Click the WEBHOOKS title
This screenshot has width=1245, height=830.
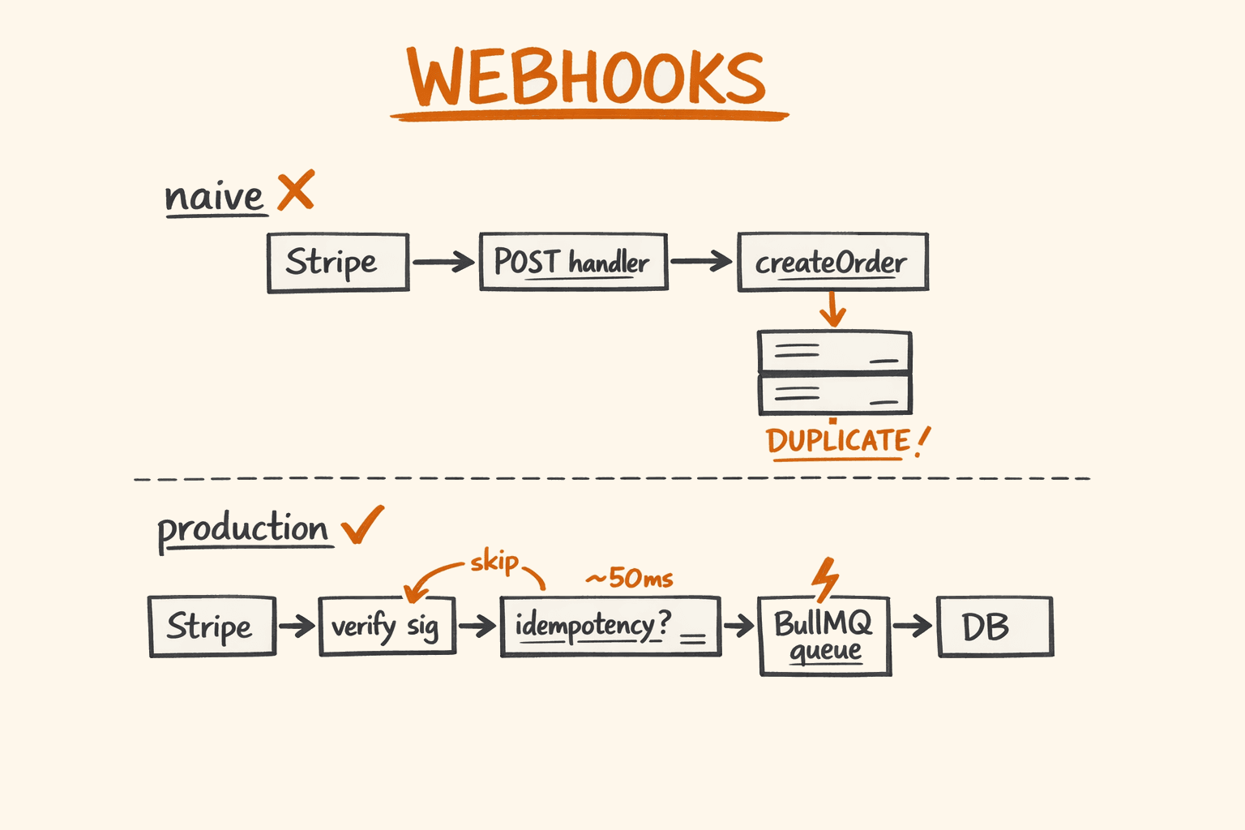tap(587, 78)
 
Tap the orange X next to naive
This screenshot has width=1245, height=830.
tap(296, 191)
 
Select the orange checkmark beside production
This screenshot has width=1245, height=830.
tap(362, 525)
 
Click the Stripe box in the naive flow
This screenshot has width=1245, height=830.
tap(338, 263)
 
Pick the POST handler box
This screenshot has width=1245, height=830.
tap(573, 263)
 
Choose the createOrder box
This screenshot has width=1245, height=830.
tap(832, 263)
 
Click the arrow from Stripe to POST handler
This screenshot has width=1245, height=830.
tap(443, 262)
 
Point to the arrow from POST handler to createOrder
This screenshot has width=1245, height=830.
tap(701, 262)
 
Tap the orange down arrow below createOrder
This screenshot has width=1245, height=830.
tap(832, 310)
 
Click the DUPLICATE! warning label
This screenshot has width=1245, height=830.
tap(846, 442)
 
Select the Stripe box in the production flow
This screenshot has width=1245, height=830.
tap(212, 627)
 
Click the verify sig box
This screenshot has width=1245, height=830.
tap(387, 627)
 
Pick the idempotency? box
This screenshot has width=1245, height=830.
tap(610, 627)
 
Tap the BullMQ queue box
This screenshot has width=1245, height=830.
tap(824, 636)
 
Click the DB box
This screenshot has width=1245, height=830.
tap(995, 627)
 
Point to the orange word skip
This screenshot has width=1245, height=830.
tap(494, 561)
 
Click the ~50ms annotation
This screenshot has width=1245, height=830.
tap(630, 578)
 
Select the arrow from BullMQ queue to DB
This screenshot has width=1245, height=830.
tap(913, 626)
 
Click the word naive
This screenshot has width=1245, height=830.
tap(214, 197)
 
